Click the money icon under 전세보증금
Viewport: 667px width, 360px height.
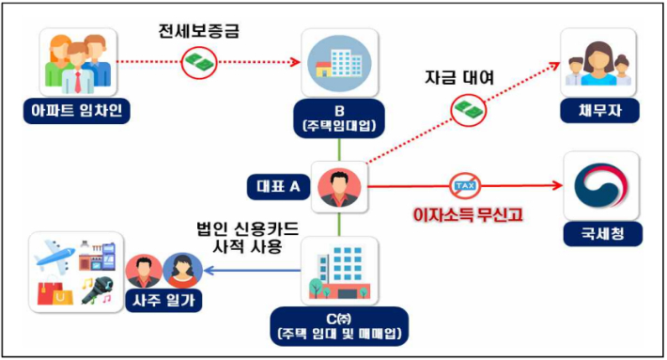click(x=200, y=62)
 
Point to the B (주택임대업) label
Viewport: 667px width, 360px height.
click(x=340, y=115)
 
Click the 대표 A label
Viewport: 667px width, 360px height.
click(x=276, y=186)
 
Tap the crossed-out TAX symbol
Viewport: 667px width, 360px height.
click(x=465, y=185)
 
